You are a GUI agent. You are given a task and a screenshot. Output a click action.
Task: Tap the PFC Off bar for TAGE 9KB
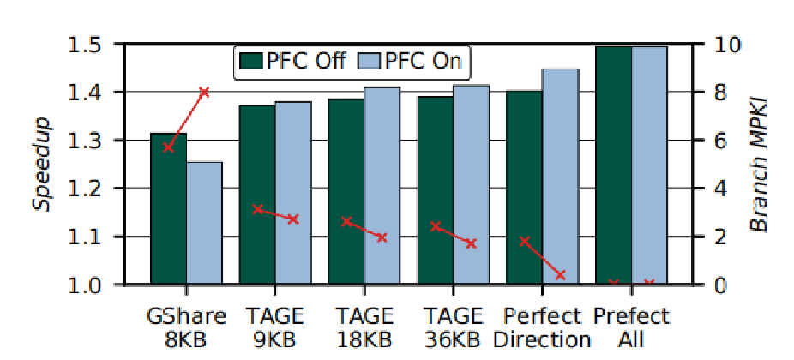(x=257, y=195)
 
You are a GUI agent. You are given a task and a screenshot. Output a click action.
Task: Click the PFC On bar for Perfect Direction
(x=560, y=176)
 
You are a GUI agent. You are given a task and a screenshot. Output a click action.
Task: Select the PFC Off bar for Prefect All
(x=613, y=165)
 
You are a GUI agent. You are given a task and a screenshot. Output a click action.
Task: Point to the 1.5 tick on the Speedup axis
(x=86, y=45)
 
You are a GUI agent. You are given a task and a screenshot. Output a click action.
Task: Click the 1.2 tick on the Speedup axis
(x=86, y=189)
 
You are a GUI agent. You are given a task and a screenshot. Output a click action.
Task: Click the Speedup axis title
(x=40, y=164)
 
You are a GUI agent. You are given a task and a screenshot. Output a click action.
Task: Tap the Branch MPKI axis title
(x=759, y=164)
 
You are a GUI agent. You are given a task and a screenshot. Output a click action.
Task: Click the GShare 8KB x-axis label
(x=186, y=327)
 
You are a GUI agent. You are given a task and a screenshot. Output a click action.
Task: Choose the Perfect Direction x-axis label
(x=542, y=327)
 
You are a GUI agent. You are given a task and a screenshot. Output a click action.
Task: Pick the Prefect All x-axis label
(x=631, y=327)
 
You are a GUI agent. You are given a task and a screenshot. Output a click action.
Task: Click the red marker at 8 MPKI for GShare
(x=204, y=92)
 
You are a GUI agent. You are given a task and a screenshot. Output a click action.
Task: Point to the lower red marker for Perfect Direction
(x=560, y=275)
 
